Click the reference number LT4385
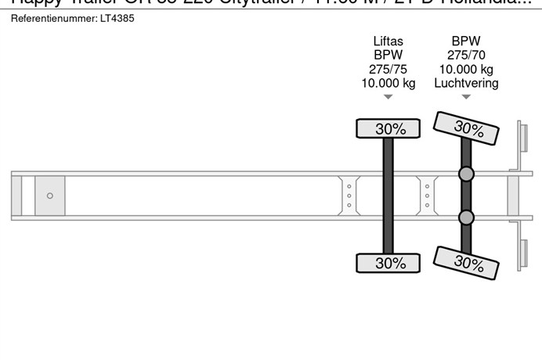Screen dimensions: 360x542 (117, 18)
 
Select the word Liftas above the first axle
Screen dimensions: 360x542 (388, 41)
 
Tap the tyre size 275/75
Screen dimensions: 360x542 (388, 70)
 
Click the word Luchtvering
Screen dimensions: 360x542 (466, 84)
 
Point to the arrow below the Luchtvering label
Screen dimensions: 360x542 (466, 98)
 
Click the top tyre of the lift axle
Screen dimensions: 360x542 (388, 129)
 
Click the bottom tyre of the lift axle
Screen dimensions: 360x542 (388, 263)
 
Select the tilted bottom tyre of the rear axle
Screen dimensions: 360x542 (467, 262)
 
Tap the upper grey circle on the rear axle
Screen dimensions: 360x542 (466, 174)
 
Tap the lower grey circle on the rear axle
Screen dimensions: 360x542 (466, 217)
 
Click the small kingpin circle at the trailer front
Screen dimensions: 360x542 (50, 196)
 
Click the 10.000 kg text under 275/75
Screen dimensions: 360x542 (388, 84)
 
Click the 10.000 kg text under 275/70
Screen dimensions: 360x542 (466, 70)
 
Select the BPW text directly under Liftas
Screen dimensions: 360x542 (388, 56)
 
